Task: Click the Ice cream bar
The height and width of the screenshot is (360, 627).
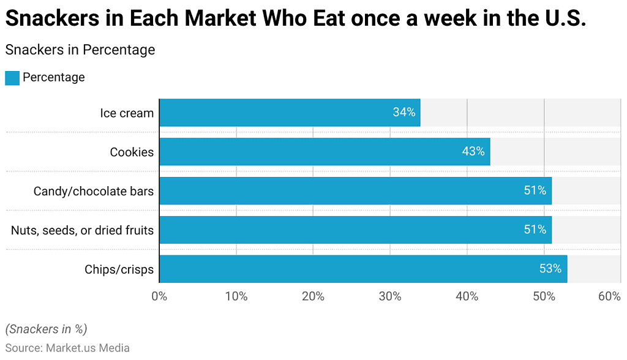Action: [290, 113]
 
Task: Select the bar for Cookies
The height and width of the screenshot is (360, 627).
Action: [325, 151]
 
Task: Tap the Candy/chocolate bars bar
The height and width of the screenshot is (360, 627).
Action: [355, 190]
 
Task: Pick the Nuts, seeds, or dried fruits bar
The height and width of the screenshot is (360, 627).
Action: [355, 230]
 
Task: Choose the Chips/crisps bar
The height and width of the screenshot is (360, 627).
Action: [363, 269]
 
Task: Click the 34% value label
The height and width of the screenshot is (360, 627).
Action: [404, 113]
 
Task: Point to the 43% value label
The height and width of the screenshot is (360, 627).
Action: [473, 151]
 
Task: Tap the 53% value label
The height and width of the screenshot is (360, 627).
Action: [550, 269]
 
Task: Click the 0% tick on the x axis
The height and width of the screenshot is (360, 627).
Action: [159, 297]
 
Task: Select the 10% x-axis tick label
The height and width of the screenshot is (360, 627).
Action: [236, 297]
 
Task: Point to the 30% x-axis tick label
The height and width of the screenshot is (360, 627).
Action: [389, 297]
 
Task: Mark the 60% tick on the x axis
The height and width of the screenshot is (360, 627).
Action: [609, 297]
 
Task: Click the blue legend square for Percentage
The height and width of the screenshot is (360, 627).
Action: [12, 78]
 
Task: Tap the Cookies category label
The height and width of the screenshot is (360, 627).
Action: [132, 152]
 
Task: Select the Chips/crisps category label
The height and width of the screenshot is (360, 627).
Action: [119, 269]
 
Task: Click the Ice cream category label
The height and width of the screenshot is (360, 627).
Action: [127, 113]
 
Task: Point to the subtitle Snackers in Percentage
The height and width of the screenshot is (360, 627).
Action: [80, 50]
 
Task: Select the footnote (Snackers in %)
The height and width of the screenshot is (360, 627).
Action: [47, 329]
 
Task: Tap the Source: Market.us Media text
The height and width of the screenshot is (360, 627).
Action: [67, 348]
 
